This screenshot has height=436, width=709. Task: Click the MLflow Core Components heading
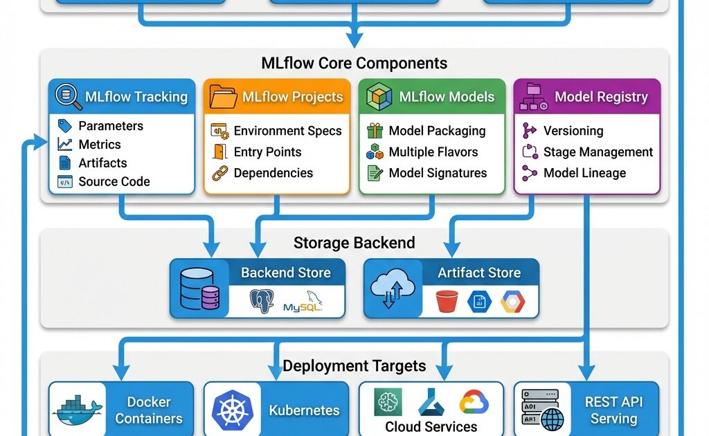(x=354, y=64)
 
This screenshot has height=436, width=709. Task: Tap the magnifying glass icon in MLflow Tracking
(x=67, y=97)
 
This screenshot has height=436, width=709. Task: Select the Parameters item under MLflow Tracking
(x=111, y=126)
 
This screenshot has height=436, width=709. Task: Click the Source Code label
(x=114, y=182)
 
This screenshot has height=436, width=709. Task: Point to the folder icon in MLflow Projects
(x=223, y=97)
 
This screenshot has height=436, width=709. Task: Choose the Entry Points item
(x=267, y=152)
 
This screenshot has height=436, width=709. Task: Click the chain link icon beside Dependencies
(x=219, y=173)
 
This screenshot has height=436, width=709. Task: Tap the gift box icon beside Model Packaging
(x=375, y=131)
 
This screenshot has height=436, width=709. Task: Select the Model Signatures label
(x=438, y=173)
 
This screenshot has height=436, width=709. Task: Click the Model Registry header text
(x=601, y=97)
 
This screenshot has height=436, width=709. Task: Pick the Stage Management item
(x=598, y=152)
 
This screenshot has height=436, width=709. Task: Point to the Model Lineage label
(x=584, y=173)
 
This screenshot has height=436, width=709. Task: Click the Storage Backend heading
(x=354, y=243)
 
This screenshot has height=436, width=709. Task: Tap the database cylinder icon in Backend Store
(x=199, y=289)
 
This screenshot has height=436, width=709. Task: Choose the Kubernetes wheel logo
(x=232, y=410)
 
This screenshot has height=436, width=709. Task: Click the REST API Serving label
(x=613, y=410)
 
